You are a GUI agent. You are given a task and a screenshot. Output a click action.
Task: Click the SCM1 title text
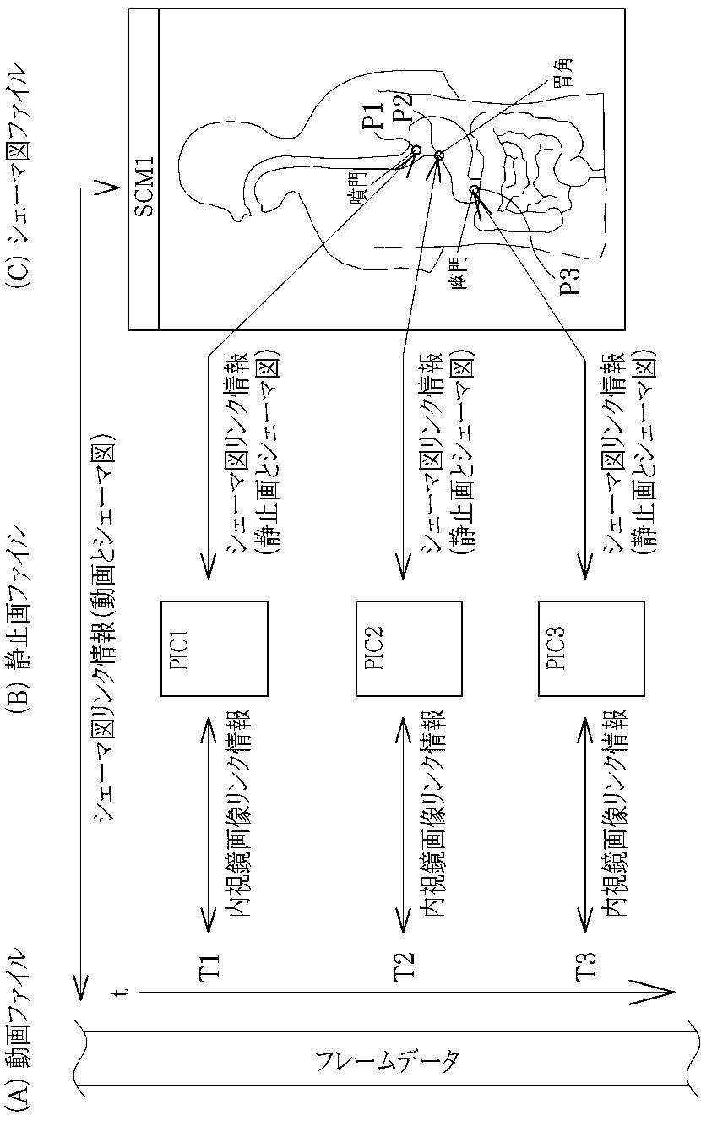[144, 187]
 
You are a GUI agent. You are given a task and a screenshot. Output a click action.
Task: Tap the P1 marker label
[372, 112]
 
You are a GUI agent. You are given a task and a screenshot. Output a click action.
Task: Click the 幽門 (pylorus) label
[459, 269]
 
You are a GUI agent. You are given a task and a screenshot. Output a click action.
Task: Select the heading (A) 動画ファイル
[19, 1026]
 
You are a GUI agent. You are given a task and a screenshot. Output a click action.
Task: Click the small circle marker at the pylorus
[474, 191]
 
